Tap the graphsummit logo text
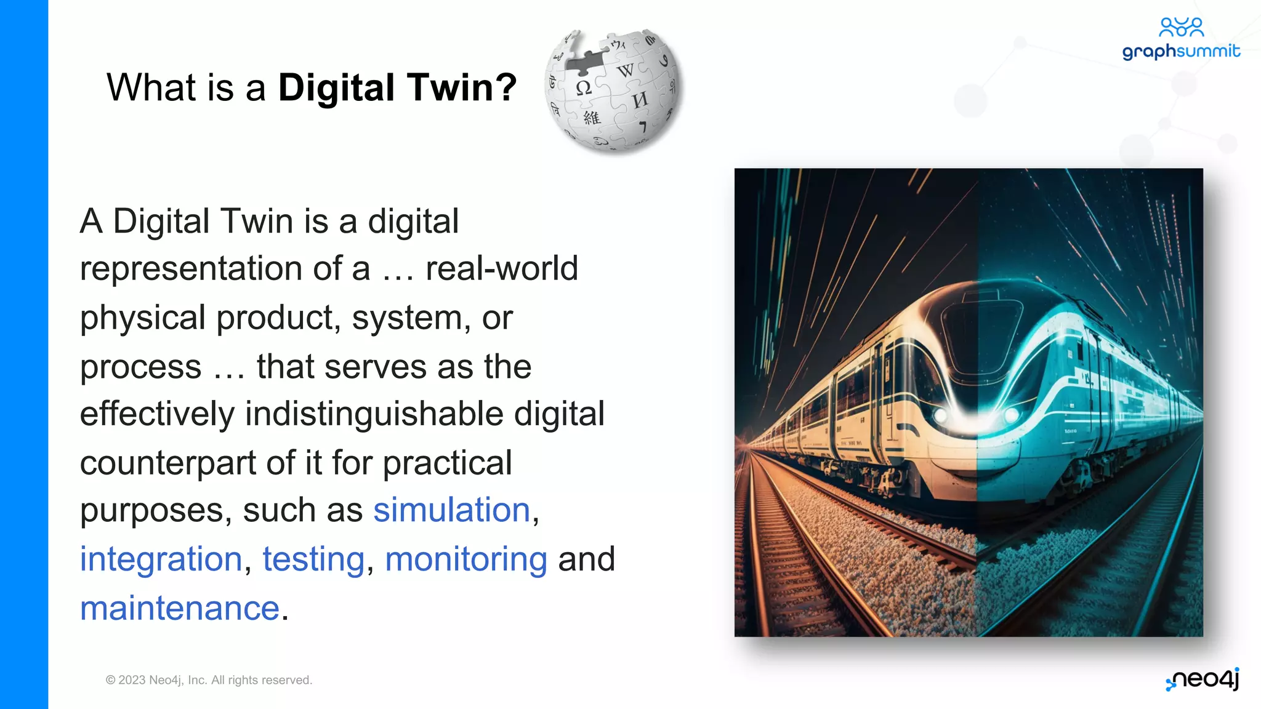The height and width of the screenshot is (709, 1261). coord(1180,52)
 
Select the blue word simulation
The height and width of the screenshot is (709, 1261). coord(451,510)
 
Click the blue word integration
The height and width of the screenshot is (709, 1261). coord(161,559)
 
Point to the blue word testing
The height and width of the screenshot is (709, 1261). coord(313,559)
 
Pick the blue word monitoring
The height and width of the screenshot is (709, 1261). coord(465,559)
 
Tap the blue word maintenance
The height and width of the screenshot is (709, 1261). coord(180,609)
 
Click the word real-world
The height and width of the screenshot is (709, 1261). coord(501,268)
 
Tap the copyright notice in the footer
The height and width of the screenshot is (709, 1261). coord(209,680)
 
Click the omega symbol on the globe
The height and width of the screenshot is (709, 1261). coord(583,88)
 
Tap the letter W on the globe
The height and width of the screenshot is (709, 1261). coord(626,70)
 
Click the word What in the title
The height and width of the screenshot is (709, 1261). coord(151,87)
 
